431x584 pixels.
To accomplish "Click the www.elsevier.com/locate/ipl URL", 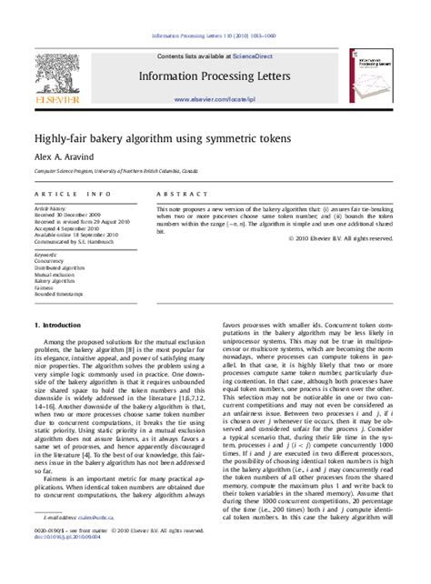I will pos(215,98).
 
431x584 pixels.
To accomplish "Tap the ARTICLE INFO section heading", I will pos(67,194).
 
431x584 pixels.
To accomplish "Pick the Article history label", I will pos(51,208).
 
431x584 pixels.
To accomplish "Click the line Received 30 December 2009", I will pos(68,215).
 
